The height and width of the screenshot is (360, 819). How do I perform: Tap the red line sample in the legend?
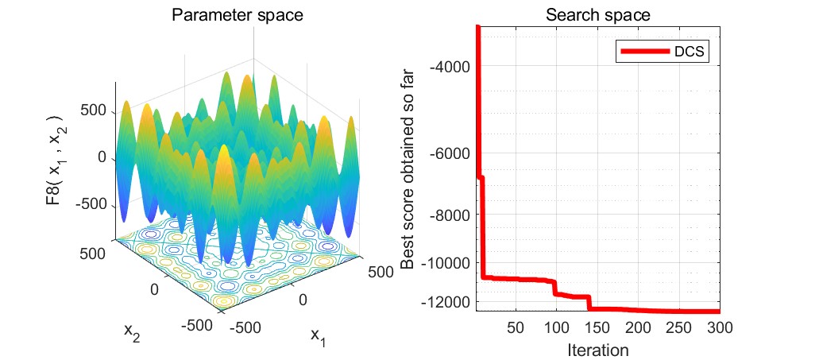pyautogui.click(x=640, y=52)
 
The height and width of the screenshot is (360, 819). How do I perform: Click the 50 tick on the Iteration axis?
pyautogui.click(x=515, y=328)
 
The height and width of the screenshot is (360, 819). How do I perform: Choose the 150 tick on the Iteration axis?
pyautogui.click(x=597, y=328)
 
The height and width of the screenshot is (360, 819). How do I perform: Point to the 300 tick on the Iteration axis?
pyautogui.click(x=719, y=328)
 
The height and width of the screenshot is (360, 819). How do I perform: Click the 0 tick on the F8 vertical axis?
pyautogui.click(x=101, y=157)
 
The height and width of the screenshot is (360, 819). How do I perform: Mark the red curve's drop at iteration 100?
pyautogui.click(x=556, y=287)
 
